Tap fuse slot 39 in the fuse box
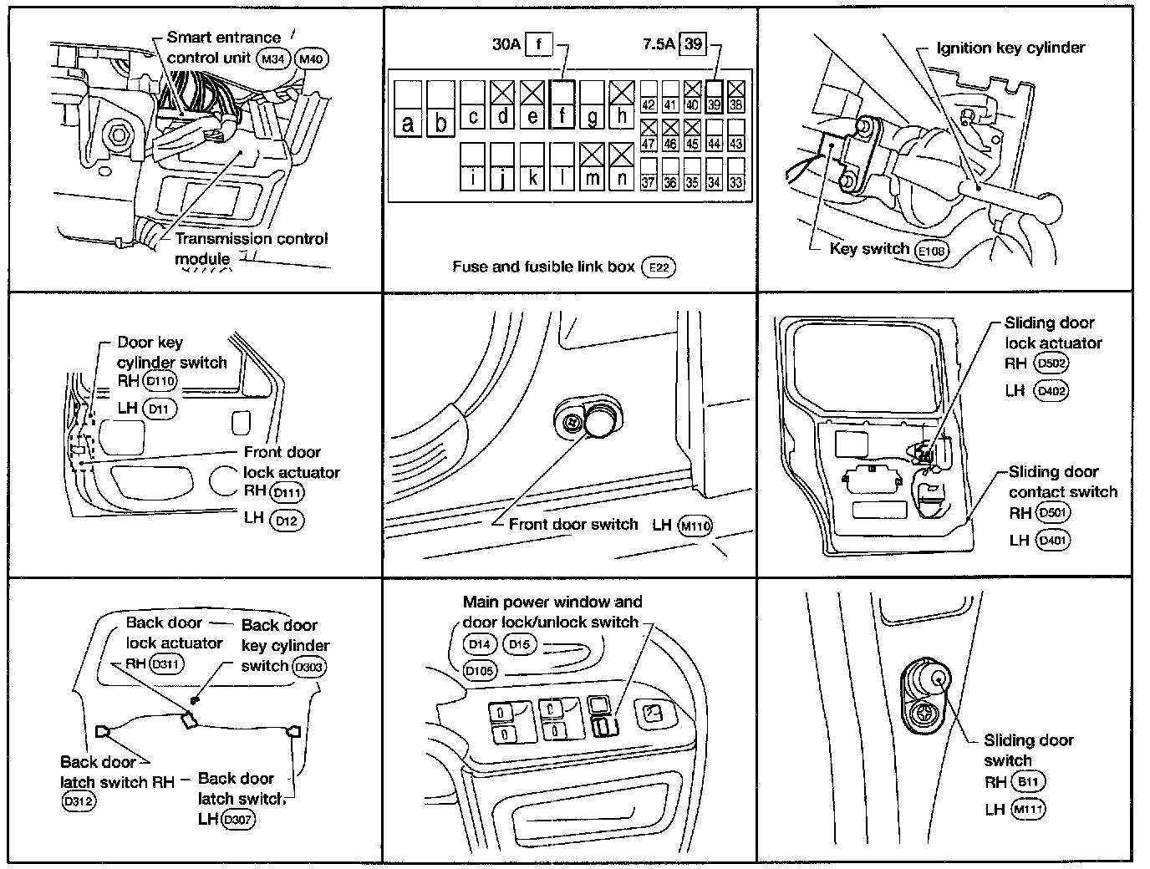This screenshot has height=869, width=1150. click(714, 96)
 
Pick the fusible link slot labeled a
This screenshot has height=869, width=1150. click(408, 109)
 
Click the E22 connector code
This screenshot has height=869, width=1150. click(658, 267)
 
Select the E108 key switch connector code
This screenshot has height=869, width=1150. click(932, 250)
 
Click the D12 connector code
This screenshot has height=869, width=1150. click(287, 520)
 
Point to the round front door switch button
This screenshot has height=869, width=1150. click(599, 420)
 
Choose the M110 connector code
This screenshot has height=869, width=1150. click(695, 526)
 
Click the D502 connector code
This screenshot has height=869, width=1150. click(1051, 363)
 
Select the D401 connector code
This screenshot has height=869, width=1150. click(1051, 541)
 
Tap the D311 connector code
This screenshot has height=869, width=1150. click(165, 664)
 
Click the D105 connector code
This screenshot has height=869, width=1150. click(480, 670)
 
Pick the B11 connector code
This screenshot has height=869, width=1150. click(1027, 782)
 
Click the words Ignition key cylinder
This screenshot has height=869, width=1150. click(1010, 48)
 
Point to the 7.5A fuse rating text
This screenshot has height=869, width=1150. click(658, 43)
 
